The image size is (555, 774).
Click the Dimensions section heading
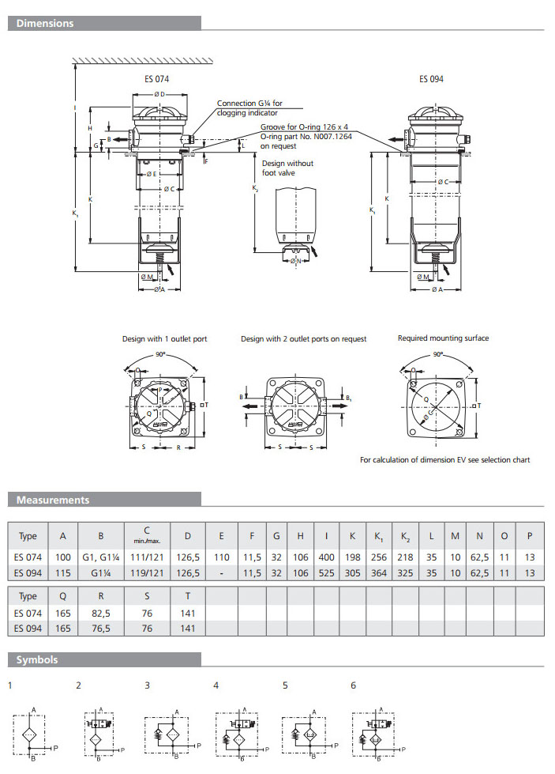[46, 24]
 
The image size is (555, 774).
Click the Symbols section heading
[38, 659]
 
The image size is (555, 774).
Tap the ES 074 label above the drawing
[156, 79]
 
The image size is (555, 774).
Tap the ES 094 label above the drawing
[431, 79]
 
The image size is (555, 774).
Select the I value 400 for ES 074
[326, 557]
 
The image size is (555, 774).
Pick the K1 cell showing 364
[379, 572]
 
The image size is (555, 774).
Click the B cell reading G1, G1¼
[102, 557]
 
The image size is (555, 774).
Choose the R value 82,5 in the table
[102, 613]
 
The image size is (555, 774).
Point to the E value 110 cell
[223, 557]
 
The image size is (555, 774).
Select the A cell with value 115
[63, 572]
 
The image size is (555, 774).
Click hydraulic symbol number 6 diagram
[378, 734]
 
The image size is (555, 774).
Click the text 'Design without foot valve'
[287, 168]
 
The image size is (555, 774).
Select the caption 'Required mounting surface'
[443, 338]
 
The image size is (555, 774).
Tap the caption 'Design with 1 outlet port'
[164, 339]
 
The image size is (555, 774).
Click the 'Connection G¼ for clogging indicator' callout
[249, 108]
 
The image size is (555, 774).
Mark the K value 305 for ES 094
[352, 572]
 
